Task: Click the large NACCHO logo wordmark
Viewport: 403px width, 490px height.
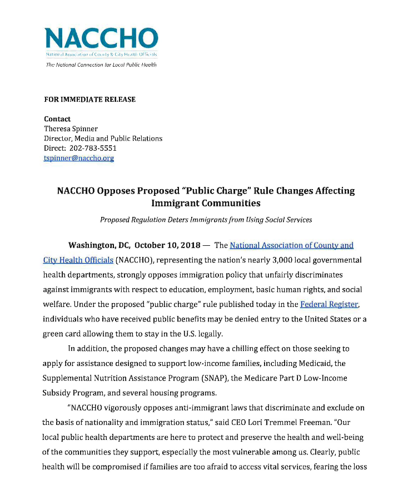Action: click(101, 38)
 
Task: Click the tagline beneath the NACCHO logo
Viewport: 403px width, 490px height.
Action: click(101, 65)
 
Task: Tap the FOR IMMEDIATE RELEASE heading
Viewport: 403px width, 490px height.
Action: click(89, 100)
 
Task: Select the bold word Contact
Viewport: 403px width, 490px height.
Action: click(57, 119)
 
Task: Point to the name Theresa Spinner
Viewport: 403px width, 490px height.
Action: click(71, 129)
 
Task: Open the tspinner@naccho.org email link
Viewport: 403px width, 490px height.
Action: click(79, 159)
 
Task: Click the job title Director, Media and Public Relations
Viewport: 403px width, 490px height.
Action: click(103, 139)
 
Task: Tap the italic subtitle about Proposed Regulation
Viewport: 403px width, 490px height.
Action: click(206, 220)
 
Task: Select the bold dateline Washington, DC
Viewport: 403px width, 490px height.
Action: click(98, 245)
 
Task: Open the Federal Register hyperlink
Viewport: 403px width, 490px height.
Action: click(329, 304)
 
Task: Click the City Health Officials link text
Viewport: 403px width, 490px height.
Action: click(78, 260)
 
